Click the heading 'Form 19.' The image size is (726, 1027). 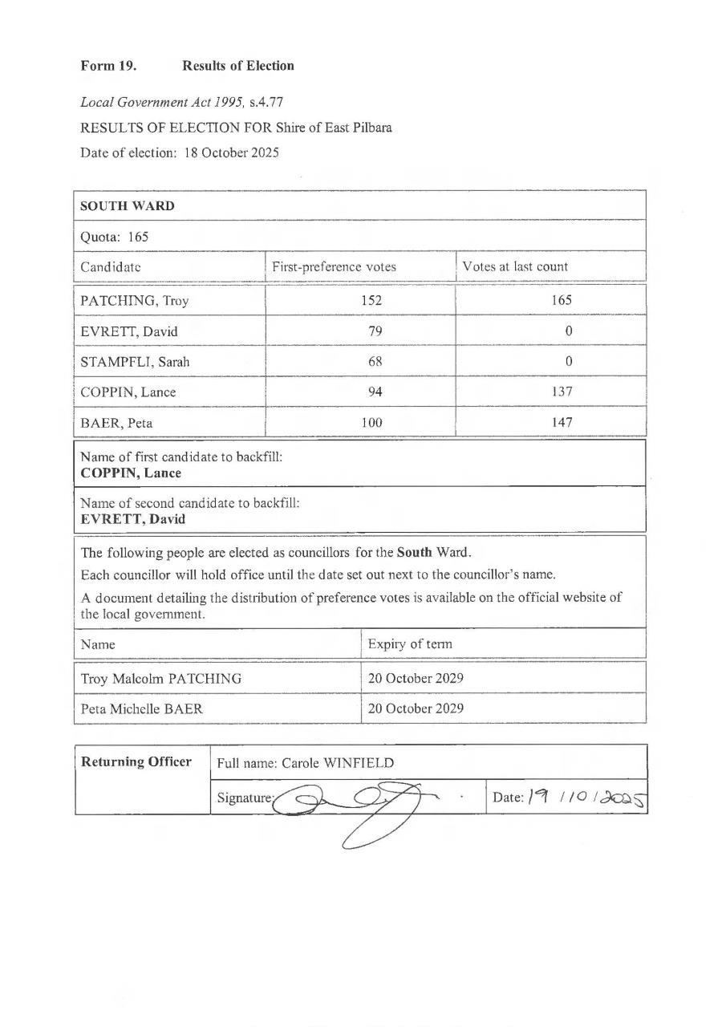coord(108,66)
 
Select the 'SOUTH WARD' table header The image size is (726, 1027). coord(127,206)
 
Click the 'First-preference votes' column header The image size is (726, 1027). coord(334,266)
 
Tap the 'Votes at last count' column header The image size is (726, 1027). coord(515,266)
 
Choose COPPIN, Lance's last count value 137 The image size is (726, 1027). coord(562,392)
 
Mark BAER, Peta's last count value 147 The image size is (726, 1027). coord(562,423)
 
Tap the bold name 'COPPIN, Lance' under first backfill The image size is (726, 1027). coord(131,473)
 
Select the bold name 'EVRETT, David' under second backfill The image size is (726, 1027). coord(133,519)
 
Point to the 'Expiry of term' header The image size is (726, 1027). coord(410,644)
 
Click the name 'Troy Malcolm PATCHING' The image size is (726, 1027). coord(160,679)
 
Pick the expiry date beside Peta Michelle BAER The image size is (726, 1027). coord(416,709)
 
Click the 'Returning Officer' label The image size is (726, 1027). coord(136,761)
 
